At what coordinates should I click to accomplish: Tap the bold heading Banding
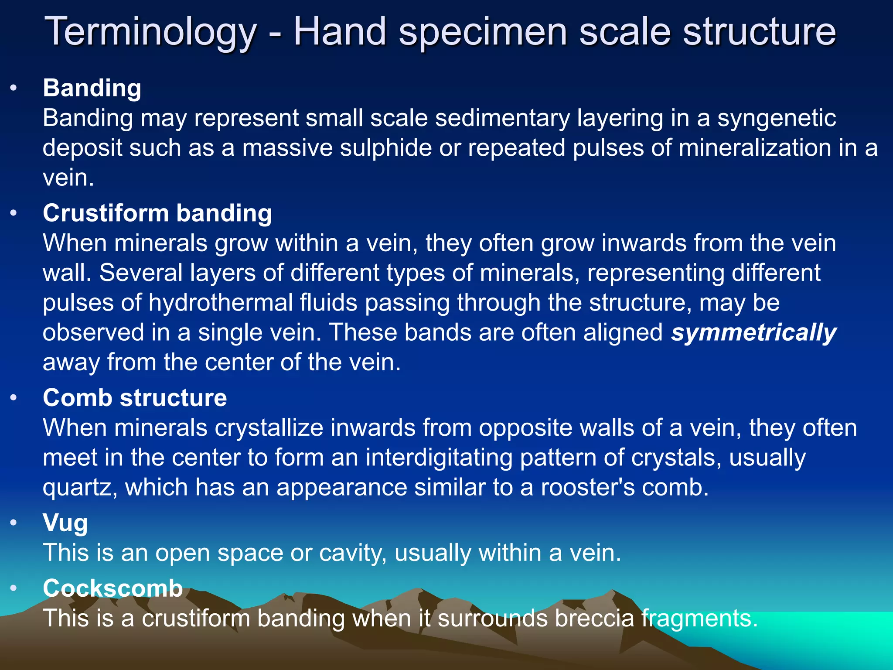point(92,88)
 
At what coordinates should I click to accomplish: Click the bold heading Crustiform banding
point(157,213)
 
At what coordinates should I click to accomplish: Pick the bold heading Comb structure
point(135,398)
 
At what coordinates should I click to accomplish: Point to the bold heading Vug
point(65,523)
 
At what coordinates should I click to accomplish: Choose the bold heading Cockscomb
point(112,588)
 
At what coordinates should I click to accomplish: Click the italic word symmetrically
point(753,333)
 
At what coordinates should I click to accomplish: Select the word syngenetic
point(777,119)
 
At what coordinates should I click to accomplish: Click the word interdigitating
point(439,458)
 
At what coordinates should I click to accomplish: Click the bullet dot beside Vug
point(14,523)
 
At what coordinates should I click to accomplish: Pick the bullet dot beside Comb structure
point(14,398)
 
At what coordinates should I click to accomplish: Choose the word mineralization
point(755,148)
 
